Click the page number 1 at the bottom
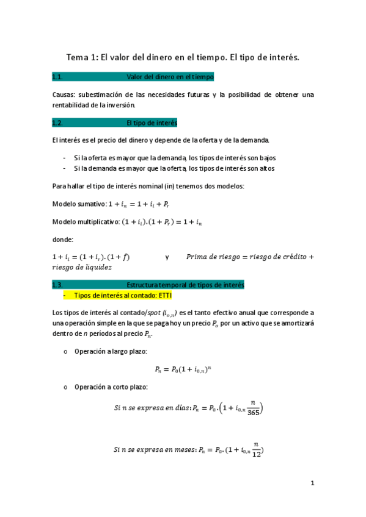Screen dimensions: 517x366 [x=312, y=483]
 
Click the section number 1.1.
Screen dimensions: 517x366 [x=58, y=77]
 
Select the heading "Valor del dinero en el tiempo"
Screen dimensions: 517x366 [x=169, y=77]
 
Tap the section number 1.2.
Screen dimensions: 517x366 [x=58, y=123]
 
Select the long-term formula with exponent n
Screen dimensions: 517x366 [x=183, y=369]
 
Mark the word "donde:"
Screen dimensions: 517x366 [x=64, y=240]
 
